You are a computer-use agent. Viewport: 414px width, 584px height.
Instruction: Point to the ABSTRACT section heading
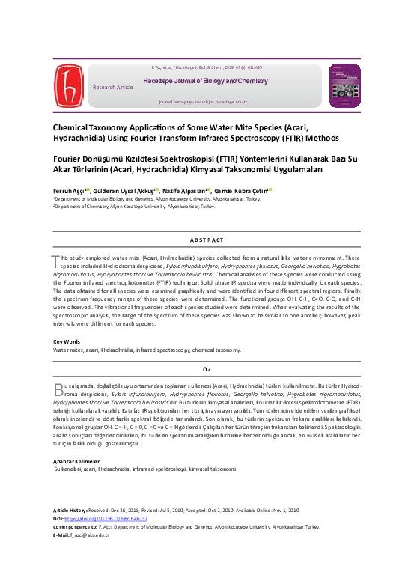207,239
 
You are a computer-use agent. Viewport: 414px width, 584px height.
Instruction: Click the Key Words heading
67,341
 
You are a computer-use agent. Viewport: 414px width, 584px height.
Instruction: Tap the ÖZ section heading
207,368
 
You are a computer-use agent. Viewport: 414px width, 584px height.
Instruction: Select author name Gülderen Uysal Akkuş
125,191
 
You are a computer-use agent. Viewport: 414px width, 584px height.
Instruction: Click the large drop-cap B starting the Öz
56,388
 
